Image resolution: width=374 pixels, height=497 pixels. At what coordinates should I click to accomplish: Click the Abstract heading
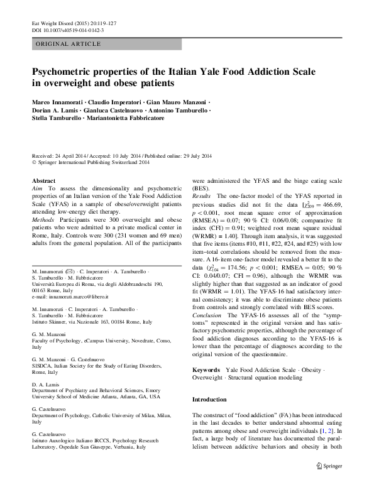point(43,181)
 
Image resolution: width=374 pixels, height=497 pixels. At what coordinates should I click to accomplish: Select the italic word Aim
point(37,188)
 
